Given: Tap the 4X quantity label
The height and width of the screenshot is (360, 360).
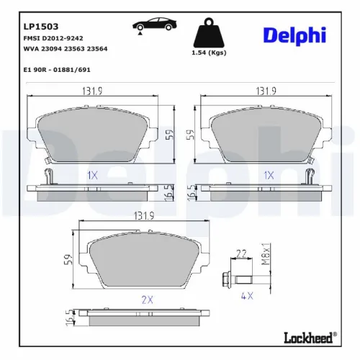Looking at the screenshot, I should pyautogui.click(x=247, y=296).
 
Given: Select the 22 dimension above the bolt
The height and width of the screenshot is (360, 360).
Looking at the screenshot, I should pyautogui.click(x=241, y=253).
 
